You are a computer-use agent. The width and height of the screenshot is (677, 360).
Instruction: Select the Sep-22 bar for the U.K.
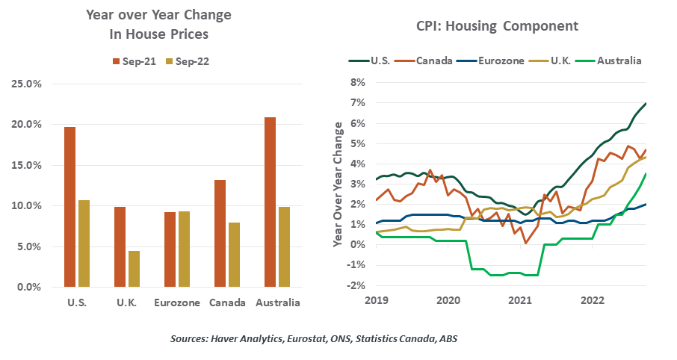(x=133, y=269)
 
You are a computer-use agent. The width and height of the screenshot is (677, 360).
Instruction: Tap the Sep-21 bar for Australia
(x=271, y=202)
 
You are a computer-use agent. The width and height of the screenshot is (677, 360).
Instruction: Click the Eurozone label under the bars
(x=176, y=302)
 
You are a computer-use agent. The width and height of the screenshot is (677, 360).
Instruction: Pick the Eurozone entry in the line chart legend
(x=487, y=60)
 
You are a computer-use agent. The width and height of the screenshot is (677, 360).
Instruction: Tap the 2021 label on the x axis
(x=520, y=300)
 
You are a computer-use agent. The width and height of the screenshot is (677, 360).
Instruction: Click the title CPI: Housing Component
(x=497, y=26)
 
